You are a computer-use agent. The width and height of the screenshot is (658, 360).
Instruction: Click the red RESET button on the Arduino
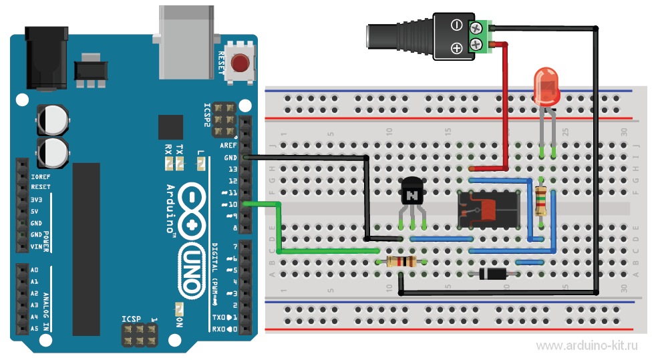239,63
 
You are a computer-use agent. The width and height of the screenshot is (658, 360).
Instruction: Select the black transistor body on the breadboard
410,194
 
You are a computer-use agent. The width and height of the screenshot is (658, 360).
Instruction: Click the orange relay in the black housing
490,209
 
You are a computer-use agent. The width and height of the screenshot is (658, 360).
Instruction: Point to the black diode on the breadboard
492,274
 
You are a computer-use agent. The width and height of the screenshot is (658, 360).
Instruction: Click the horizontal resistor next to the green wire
399,262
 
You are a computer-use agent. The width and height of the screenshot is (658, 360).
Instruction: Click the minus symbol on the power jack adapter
457,25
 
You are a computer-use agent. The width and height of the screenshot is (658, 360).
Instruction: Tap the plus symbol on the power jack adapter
457,47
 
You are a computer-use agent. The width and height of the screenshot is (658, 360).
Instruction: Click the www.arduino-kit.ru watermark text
587,345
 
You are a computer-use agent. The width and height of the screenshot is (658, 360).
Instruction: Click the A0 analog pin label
35,271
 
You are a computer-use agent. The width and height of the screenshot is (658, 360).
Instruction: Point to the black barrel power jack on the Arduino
47,57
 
